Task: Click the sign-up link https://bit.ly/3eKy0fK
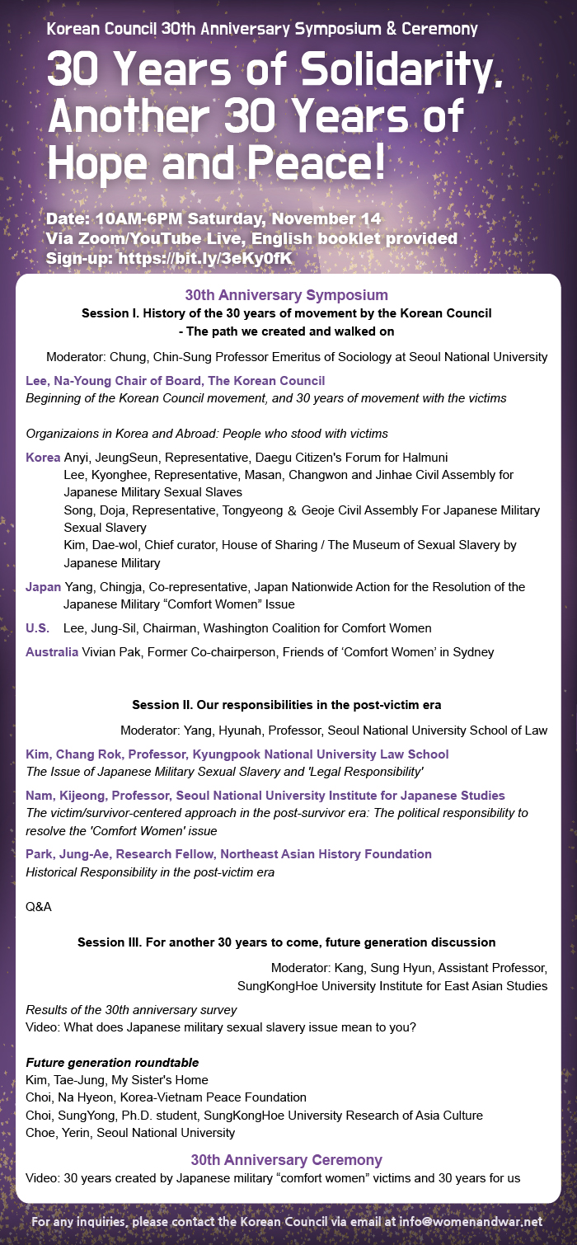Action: pos(205,258)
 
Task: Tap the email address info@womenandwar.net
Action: pos(472,1220)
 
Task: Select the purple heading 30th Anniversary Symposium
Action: pos(286,294)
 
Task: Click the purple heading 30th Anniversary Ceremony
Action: pos(286,1159)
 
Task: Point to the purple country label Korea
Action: pos(43,457)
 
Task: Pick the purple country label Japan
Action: pos(43,587)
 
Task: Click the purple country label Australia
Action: pos(52,652)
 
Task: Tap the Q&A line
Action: pos(39,907)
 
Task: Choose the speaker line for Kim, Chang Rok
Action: pos(237,754)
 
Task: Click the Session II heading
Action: pos(286,705)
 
